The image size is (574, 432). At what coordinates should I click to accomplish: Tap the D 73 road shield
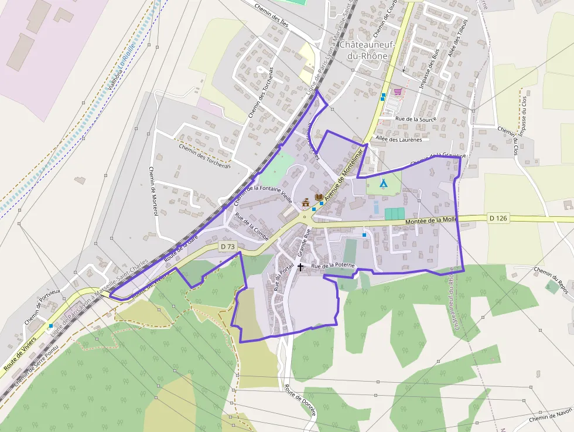click(228, 247)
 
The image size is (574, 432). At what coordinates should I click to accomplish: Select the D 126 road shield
click(497, 218)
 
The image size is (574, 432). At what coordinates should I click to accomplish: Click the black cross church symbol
click(300, 267)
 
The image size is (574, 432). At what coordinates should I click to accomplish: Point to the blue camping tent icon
click(383, 183)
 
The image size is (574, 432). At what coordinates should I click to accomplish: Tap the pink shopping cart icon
click(398, 92)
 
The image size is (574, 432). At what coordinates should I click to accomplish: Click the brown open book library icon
click(319, 198)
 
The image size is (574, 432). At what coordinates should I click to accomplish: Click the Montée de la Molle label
click(430, 220)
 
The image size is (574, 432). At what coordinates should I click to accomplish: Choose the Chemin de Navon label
click(550, 417)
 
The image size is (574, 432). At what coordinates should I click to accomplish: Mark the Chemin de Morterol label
click(153, 191)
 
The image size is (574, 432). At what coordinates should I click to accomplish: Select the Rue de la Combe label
click(251, 227)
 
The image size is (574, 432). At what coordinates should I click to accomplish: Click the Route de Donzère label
click(300, 400)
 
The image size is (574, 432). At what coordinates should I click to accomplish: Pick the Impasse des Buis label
click(429, 73)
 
